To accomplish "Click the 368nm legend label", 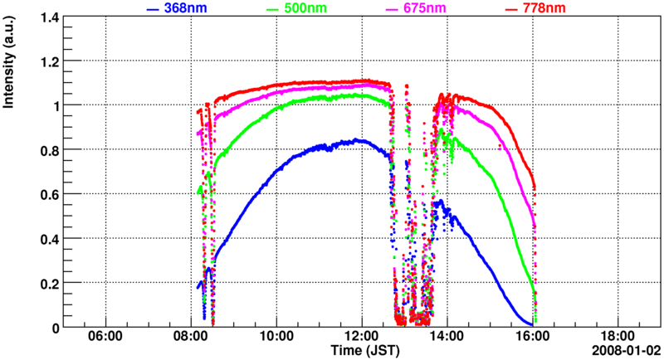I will click(185, 8).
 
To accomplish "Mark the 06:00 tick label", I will click(105, 338).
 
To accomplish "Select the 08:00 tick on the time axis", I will click(191, 338).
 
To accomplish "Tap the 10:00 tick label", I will click(276, 338).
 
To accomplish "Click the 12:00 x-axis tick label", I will click(362, 338).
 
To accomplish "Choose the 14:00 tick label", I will click(447, 338).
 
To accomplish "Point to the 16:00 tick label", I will click(533, 338).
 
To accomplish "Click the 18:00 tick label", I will click(618, 338).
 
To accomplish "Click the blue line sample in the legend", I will click(152, 8).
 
